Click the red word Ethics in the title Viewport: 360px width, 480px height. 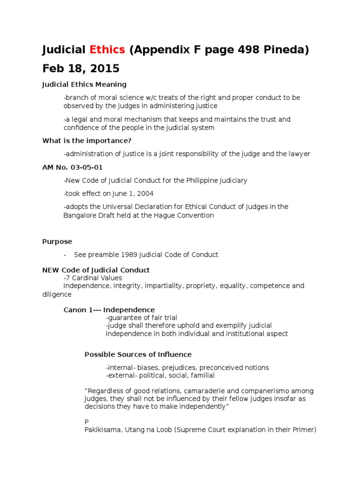[x=107, y=50]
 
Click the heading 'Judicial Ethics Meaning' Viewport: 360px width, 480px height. [x=84, y=84]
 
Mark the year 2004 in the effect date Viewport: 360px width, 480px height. [x=143, y=193]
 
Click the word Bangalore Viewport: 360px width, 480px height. [x=80, y=215]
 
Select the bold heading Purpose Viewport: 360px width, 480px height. [x=57, y=241]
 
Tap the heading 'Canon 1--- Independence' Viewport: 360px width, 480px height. [x=109, y=310]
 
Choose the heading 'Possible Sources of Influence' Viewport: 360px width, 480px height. [x=138, y=354]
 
